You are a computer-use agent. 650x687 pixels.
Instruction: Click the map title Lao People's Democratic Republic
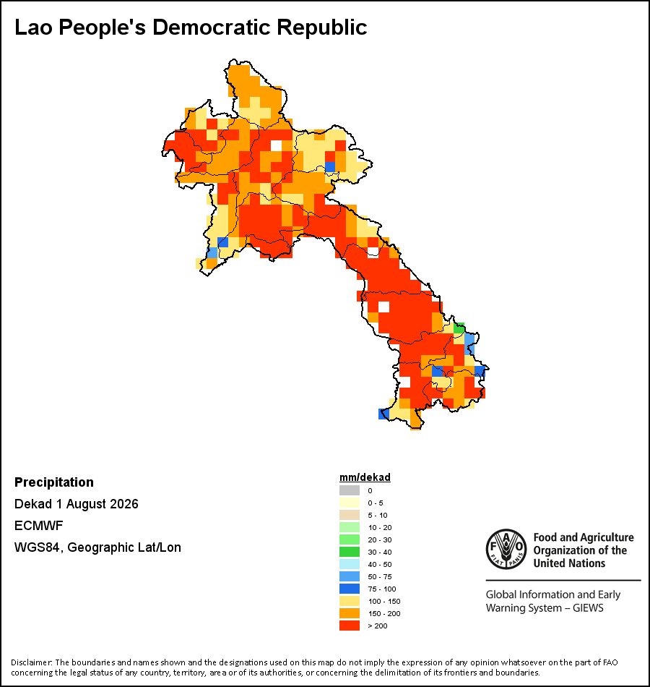pyautogui.click(x=191, y=27)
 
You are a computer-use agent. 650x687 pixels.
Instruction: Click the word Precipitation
pyautogui.click(x=54, y=482)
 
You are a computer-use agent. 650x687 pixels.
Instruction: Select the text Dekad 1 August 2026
pyautogui.click(x=76, y=504)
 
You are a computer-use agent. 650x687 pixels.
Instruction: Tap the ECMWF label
pyautogui.click(x=38, y=525)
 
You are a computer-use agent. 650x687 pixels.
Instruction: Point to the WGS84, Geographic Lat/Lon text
pyautogui.click(x=97, y=547)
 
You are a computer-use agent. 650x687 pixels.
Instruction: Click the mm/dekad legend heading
pyautogui.click(x=365, y=477)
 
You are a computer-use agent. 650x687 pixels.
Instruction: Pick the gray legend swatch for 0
pyautogui.click(x=350, y=490)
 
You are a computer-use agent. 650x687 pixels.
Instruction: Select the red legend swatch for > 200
pyautogui.click(x=350, y=626)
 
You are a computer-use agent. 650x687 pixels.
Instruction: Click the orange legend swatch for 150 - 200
pyautogui.click(x=350, y=613)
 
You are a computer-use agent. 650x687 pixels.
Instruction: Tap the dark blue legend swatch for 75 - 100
pyautogui.click(x=350, y=589)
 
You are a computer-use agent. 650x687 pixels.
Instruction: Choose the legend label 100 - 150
pyautogui.click(x=384, y=601)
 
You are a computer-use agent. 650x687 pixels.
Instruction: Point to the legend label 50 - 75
pyautogui.click(x=380, y=576)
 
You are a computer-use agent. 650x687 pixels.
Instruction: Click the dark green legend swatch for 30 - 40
pyautogui.click(x=350, y=552)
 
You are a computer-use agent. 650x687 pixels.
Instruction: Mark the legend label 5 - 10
pyautogui.click(x=378, y=515)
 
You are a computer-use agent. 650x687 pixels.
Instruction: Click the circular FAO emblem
pyautogui.click(x=506, y=549)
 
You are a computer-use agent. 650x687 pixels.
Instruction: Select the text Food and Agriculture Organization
pyautogui.click(x=584, y=544)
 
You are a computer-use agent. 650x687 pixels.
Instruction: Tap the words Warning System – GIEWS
pyautogui.click(x=545, y=608)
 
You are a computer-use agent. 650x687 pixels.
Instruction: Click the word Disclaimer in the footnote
pyautogui.click(x=31, y=662)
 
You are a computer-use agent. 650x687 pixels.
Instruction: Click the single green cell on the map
pyautogui.click(x=459, y=328)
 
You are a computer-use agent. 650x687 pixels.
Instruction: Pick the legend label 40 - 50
pyautogui.click(x=380, y=564)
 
